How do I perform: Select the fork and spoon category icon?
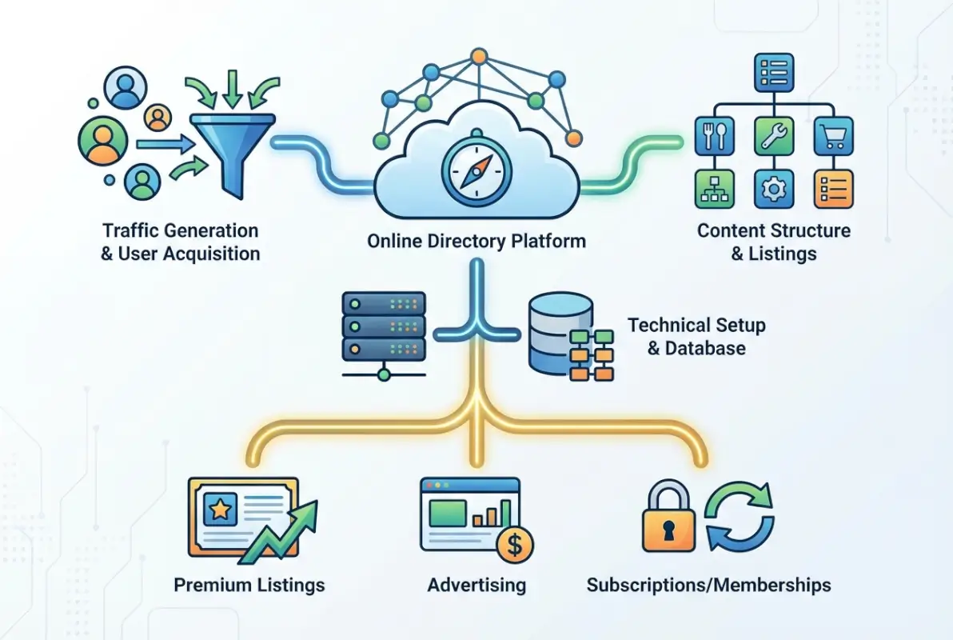pos(713,136)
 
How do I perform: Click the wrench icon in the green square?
pos(773,136)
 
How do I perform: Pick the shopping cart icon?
pos(832,137)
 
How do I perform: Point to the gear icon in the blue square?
pos(773,189)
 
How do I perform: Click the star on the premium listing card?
pos(217,508)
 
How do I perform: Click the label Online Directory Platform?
pos(476,241)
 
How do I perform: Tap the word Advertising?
pos(476,585)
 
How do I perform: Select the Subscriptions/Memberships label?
pos(708,585)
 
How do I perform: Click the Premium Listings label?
pos(249,585)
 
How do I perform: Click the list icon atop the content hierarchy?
pos(773,73)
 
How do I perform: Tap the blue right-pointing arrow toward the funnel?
pos(164,144)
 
